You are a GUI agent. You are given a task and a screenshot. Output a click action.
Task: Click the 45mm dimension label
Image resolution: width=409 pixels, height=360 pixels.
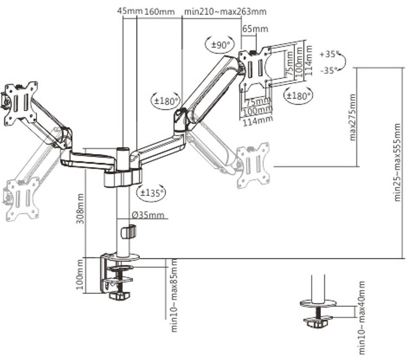[130, 11]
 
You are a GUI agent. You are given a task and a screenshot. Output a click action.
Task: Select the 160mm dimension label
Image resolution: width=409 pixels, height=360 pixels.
[159, 11]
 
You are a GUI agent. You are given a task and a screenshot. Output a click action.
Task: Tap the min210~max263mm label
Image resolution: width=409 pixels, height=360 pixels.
[225, 11]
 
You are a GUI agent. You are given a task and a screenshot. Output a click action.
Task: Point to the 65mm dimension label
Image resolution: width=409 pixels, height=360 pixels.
[255, 28]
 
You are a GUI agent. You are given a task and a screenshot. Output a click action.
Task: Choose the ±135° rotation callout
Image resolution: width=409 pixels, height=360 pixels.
[151, 193]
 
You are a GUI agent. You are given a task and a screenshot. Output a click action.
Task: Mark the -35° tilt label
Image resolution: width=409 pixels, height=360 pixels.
[329, 70]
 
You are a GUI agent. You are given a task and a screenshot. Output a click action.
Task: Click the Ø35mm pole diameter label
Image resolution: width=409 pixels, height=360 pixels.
[148, 215]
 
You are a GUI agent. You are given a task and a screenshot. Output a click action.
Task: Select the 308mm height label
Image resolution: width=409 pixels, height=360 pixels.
[80, 209]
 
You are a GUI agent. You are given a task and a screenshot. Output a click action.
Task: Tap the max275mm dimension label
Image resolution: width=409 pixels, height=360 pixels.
[352, 117]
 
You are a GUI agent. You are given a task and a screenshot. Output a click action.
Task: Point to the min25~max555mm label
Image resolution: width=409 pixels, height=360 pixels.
[397, 162]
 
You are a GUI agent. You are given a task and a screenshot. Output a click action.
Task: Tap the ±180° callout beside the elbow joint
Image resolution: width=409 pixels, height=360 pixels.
[166, 101]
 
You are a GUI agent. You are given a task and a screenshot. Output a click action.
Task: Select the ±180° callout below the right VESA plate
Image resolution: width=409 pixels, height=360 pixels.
[298, 95]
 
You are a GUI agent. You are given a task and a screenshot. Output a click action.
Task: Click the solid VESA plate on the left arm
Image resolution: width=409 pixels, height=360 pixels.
[21, 104]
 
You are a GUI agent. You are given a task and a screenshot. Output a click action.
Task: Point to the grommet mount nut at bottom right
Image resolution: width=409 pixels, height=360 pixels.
[317, 323]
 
